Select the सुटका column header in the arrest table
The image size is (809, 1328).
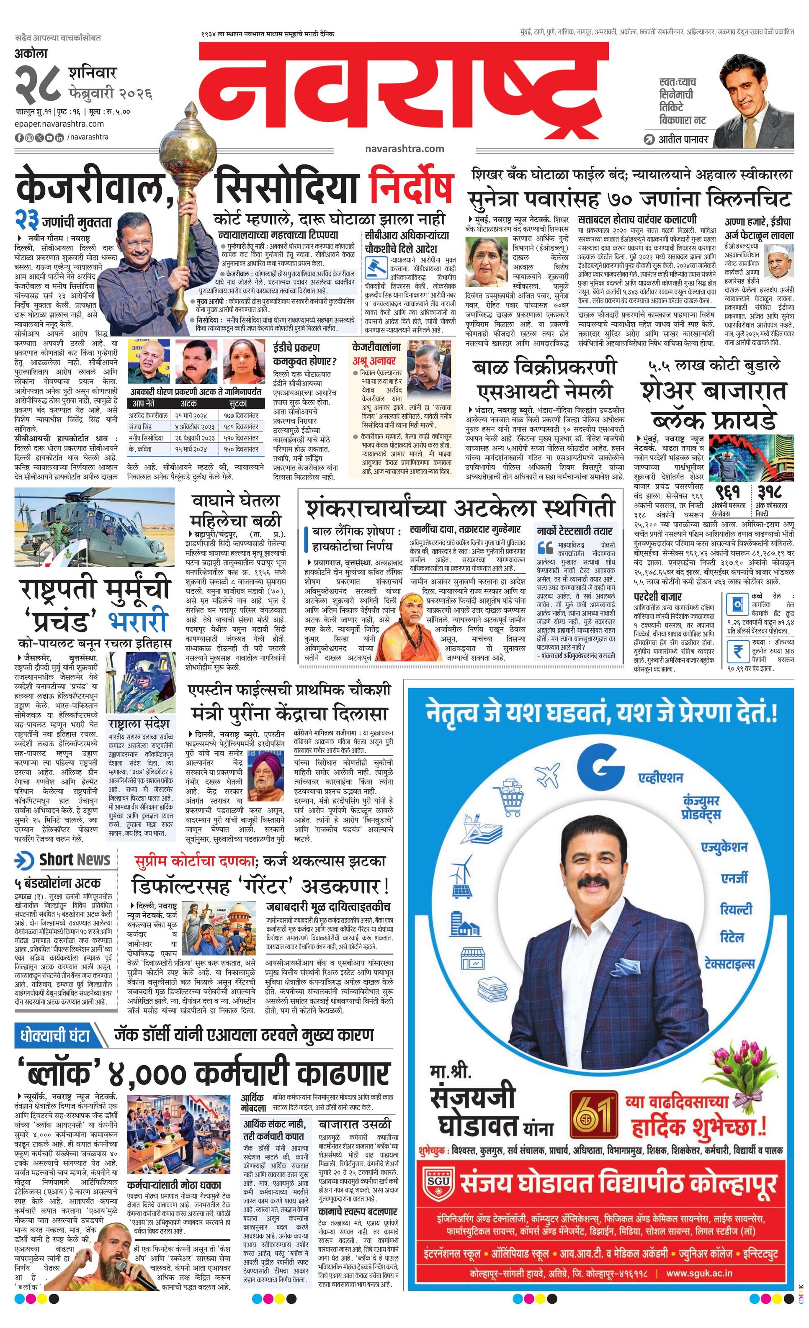pyautogui.click(x=238, y=403)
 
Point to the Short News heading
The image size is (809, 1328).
pyautogui.click(x=75, y=860)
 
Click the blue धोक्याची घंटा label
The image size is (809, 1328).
pyautogui.click(x=54, y=1036)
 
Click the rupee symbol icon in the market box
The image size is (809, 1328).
pyautogui.click(x=737, y=652)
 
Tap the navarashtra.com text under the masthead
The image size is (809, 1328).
pyautogui.click(x=404, y=149)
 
